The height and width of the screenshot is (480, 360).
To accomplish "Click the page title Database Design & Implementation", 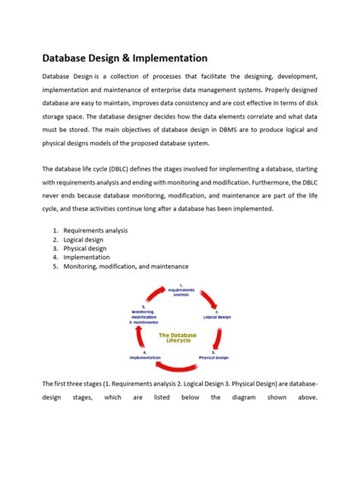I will coord(124,58).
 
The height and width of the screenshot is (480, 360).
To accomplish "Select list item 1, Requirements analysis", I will coord(96,230).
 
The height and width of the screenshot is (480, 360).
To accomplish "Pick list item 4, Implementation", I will coord(87,257).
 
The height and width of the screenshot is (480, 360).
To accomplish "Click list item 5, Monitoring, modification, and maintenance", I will coord(126,267).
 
